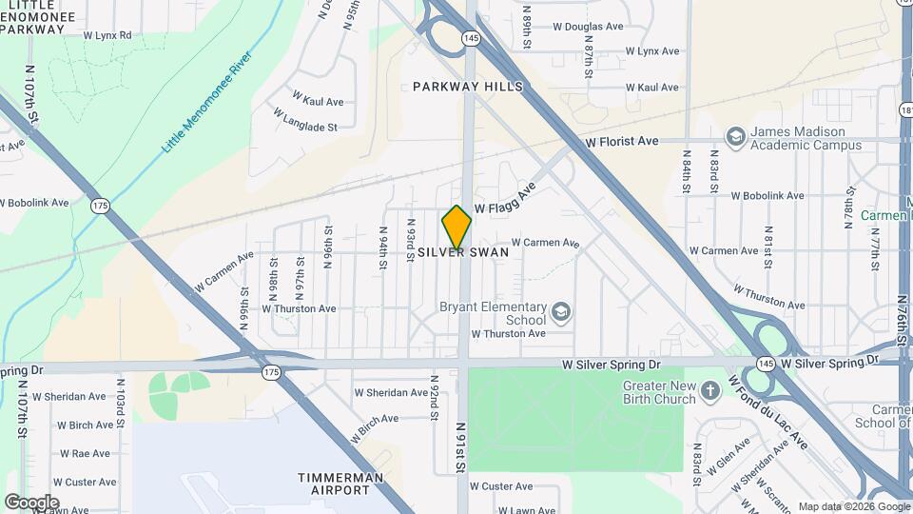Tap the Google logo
point(31,502)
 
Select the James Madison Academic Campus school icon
point(734,138)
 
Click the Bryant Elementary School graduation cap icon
point(561,312)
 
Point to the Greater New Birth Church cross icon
point(710,391)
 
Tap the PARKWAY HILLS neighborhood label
point(467,87)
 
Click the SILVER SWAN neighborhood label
point(463,253)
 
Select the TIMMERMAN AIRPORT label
point(340,484)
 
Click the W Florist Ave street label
point(621,142)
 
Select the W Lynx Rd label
point(107,35)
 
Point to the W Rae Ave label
point(86,454)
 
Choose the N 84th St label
point(687,171)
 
